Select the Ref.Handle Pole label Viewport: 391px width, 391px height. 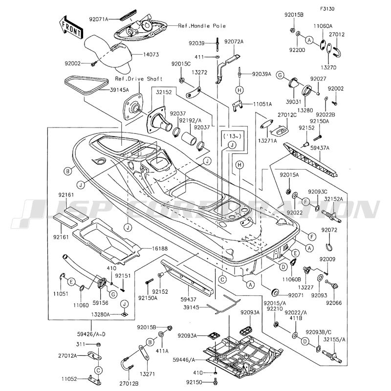click(202, 25)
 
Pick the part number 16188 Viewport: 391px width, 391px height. click(152, 249)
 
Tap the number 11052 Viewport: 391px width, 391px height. click(70, 379)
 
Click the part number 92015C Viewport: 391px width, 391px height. click(181, 64)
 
